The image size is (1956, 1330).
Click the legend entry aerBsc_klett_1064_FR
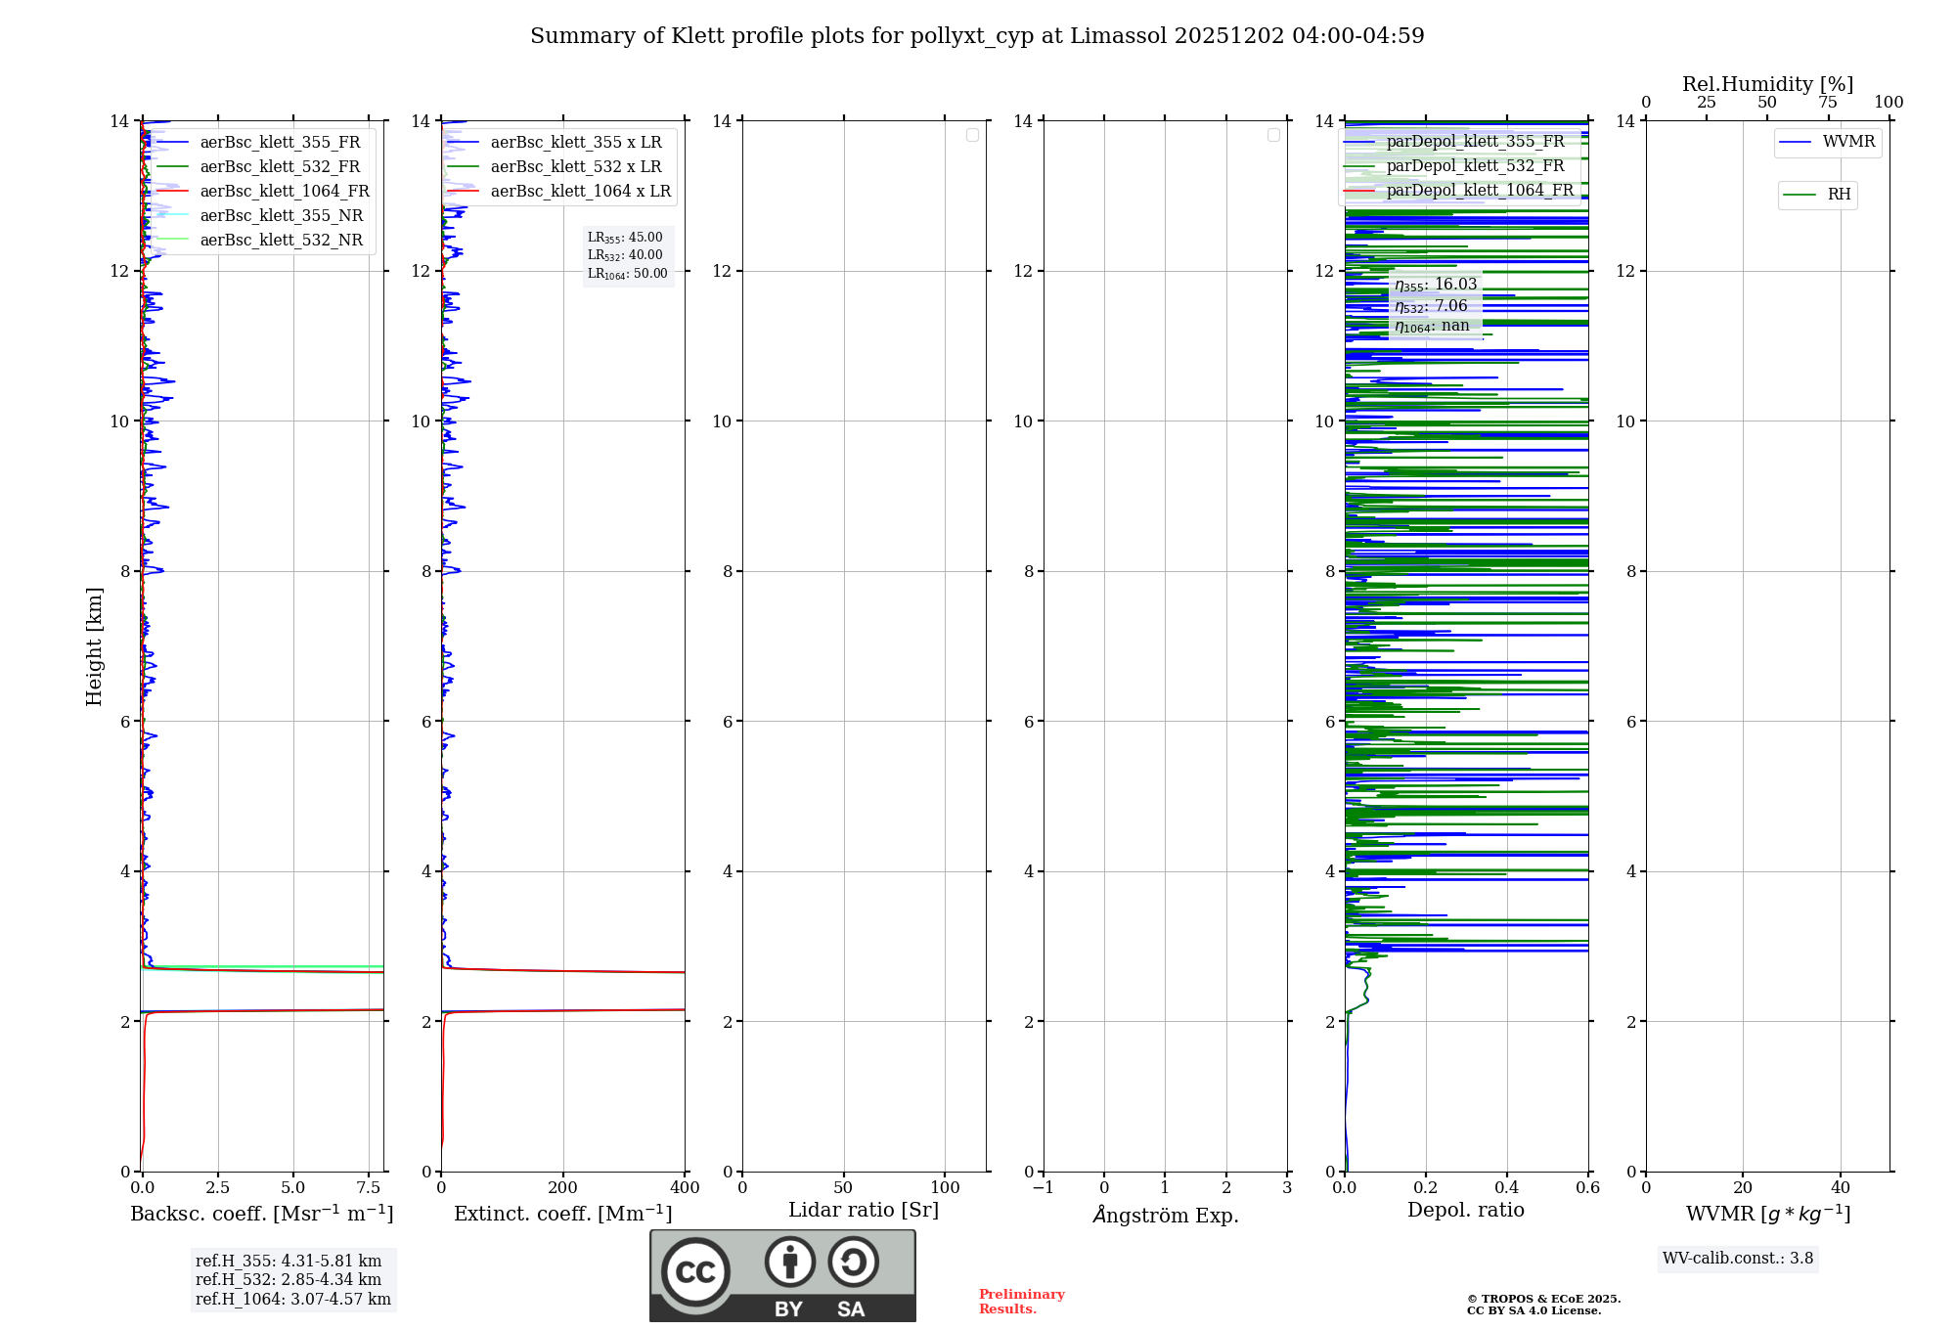(284, 192)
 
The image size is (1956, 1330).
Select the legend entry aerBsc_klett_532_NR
(281, 241)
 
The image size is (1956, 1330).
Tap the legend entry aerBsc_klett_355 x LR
(575, 143)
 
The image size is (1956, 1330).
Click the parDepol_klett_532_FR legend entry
(1474, 166)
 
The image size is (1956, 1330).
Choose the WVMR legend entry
(1847, 142)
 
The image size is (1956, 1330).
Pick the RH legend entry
(1838, 195)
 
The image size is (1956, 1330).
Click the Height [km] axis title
(94, 646)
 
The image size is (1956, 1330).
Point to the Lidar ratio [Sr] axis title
(864, 1211)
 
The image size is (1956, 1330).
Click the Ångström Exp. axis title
(1165, 1215)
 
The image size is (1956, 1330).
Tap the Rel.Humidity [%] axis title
(1767, 84)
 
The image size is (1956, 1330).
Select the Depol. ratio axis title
(1465, 1211)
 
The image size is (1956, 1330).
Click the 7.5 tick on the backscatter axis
(368, 1188)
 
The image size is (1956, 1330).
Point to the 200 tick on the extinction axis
(562, 1188)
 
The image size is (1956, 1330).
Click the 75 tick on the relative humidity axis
(1827, 103)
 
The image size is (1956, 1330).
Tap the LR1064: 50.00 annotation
(627, 274)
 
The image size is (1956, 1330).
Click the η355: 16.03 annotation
(1435, 285)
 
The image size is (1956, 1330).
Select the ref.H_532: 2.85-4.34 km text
(288, 1280)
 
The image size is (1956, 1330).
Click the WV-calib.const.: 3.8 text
(1737, 1259)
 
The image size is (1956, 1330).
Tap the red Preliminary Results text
(1021, 1302)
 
